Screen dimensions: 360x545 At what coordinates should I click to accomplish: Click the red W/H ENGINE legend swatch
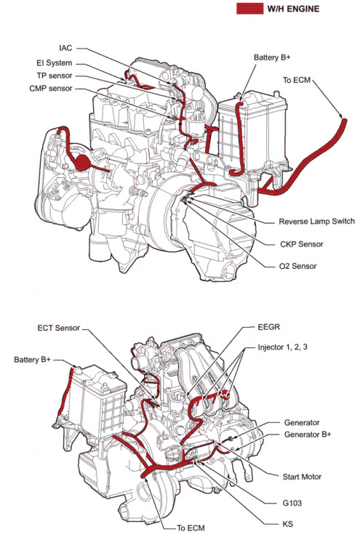coord(249,8)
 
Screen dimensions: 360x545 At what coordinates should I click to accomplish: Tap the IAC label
coord(65,48)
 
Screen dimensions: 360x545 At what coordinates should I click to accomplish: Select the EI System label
coord(55,63)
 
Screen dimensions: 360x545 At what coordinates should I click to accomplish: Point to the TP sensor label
coord(55,76)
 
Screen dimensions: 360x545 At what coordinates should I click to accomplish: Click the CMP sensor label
coord(51,88)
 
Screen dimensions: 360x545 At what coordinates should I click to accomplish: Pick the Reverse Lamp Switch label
coord(316,222)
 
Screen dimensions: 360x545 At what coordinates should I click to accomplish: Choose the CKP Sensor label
coord(301,244)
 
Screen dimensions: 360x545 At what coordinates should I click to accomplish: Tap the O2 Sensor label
coord(297,266)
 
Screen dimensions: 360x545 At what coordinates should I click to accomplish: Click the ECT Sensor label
coord(58,328)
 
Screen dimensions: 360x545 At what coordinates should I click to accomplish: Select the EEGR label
coord(269,327)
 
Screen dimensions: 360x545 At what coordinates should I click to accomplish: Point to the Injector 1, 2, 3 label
coord(282,347)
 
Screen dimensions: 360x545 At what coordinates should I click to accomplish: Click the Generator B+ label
coord(308,434)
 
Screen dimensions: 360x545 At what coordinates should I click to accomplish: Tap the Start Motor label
coord(302,477)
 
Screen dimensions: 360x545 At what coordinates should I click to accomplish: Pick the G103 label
coord(292,503)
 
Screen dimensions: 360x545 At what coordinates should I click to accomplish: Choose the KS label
coord(288,524)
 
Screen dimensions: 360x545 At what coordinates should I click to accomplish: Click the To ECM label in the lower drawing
coord(191,528)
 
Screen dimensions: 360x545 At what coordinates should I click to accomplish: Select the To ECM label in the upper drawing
coord(296,80)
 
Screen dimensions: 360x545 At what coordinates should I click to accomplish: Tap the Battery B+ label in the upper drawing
coord(272,57)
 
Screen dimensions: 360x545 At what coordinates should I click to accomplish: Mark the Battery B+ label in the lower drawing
coord(32,360)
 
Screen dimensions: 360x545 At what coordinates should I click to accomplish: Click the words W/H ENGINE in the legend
coord(293,9)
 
